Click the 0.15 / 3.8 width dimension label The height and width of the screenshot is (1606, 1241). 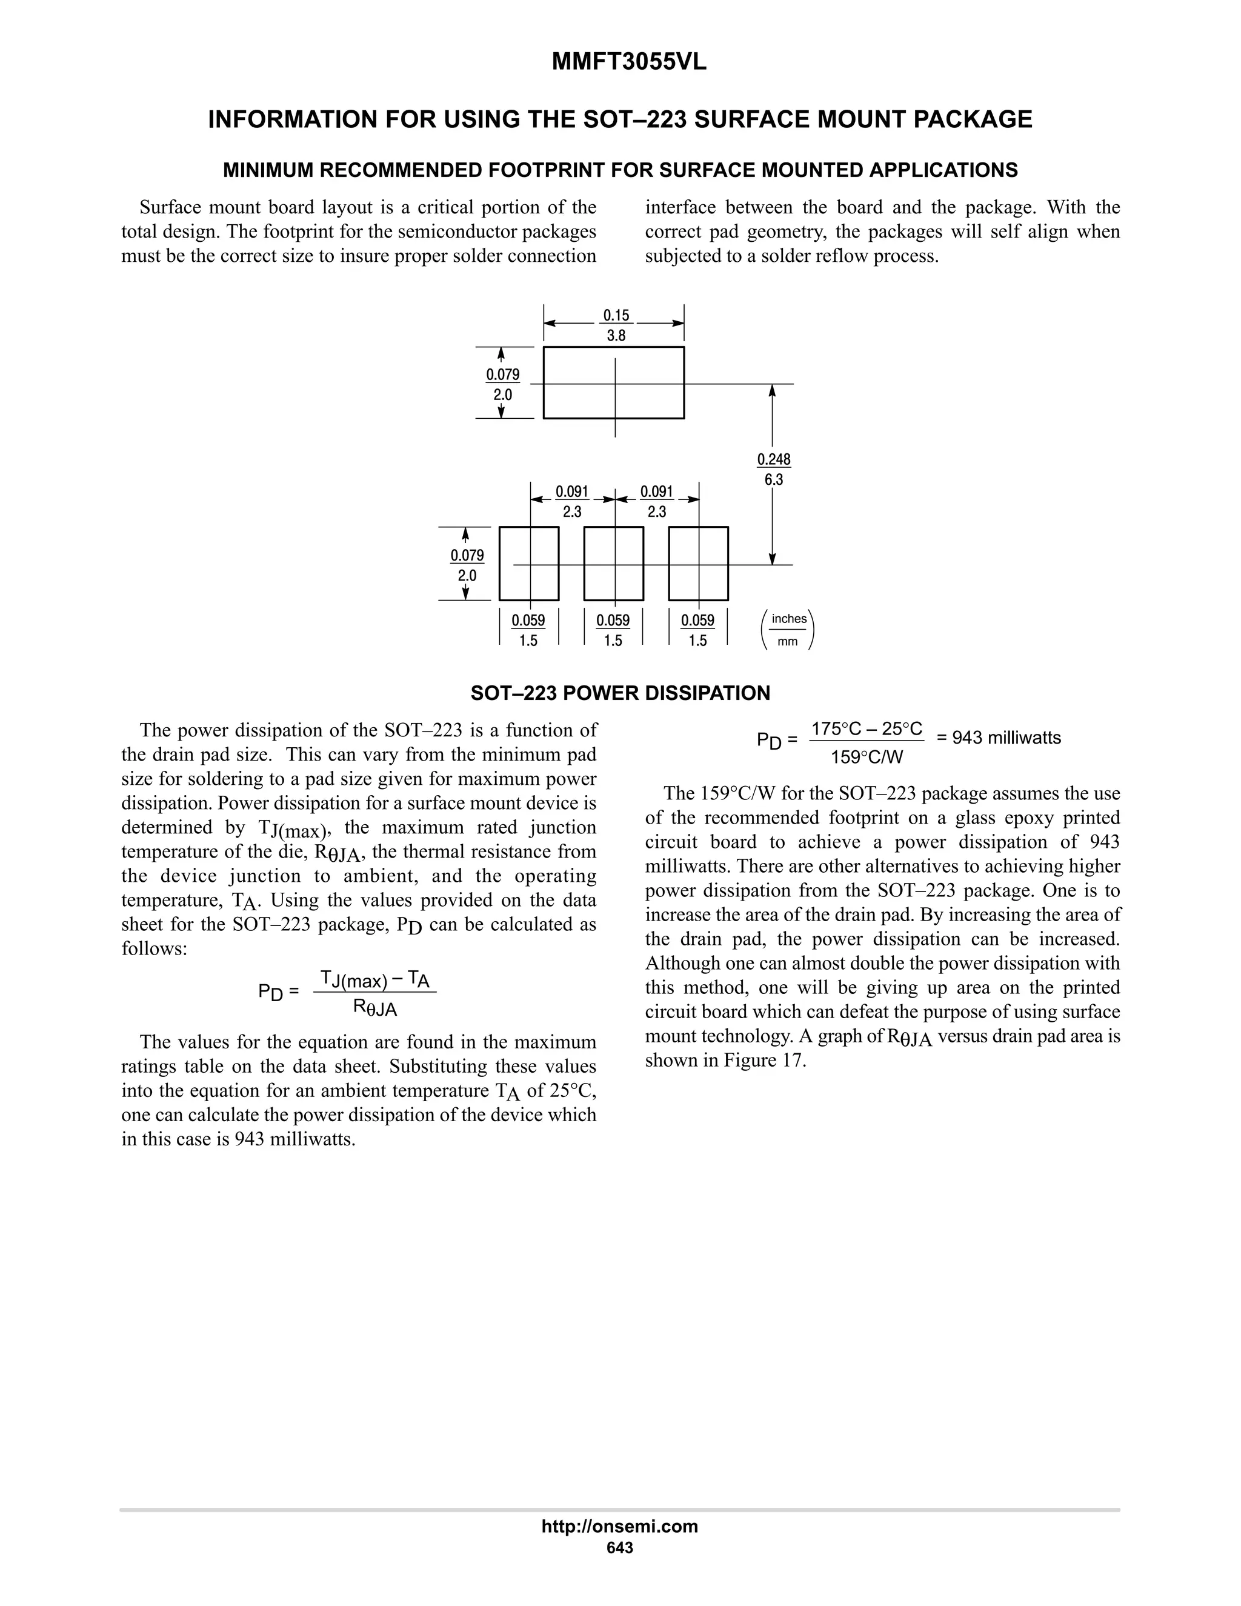[x=616, y=325]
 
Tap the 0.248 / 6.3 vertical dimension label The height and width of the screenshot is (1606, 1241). [x=773, y=469]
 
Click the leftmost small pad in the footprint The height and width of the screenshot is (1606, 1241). [x=528, y=563]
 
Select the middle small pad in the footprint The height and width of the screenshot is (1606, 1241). [x=613, y=563]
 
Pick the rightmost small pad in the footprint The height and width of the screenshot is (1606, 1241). [x=697, y=563]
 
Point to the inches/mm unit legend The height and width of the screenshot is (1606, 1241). [x=788, y=630]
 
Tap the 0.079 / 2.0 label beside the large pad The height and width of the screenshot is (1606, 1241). [x=503, y=384]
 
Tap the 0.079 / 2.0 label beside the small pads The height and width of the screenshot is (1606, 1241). [x=467, y=565]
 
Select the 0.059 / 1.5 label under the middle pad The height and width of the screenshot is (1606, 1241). [x=613, y=630]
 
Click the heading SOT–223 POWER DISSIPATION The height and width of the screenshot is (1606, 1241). [x=620, y=693]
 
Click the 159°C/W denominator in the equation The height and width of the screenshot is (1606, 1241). [x=866, y=757]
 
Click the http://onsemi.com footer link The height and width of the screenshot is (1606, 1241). [x=619, y=1526]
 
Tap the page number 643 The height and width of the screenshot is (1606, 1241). [x=619, y=1547]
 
